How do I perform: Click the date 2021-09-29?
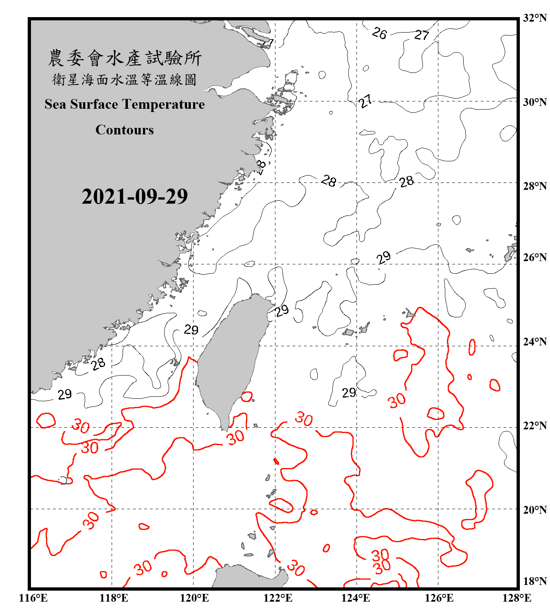[x=134, y=196]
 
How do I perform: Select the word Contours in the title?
[x=125, y=130]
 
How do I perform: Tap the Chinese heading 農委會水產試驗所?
[x=125, y=58]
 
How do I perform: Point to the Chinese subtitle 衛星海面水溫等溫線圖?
[x=125, y=79]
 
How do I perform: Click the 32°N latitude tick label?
[x=535, y=18]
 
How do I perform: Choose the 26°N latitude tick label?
[x=535, y=257]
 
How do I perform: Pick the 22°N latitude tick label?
[x=535, y=426]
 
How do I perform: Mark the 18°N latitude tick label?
[x=535, y=581]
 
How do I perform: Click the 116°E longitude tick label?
[x=33, y=598]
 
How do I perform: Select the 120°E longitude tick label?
[x=194, y=598]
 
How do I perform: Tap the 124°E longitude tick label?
[x=356, y=598]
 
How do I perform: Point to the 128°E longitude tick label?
[x=517, y=598]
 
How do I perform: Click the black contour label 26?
[x=379, y=33]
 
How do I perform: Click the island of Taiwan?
[x=230, y=358]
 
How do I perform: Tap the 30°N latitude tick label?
[x=535, y=102]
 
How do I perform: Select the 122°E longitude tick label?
[x=278, y=598]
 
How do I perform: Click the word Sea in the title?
[x=56, y=104]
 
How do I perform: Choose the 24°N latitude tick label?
[x=535, y=341]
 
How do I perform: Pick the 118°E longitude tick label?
[x=114, y=598]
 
